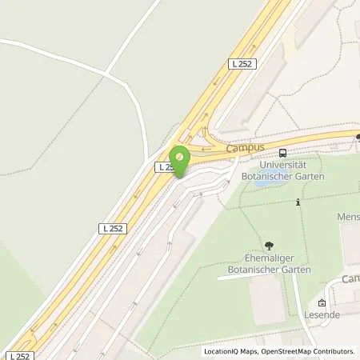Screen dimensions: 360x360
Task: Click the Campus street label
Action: pyautogui.click(x=245, y=148)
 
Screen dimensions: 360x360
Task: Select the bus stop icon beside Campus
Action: pyautogui.click(x=282, y=153)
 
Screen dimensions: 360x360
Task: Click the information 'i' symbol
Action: pyautogui.click(x=298, y=202)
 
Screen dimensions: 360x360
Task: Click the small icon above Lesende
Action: pyautogui.click(x=322, y=303)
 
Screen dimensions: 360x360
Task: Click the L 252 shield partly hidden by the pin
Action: pyautogui.click(x=164, y=166)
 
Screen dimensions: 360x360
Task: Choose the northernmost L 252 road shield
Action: pyautogui.click(x=242, y=63)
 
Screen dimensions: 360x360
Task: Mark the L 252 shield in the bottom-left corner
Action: pyautogui.click(x=19, y=354)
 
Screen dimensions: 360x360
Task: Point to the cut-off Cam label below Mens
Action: pyautogui.click(x=350, y=279)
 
